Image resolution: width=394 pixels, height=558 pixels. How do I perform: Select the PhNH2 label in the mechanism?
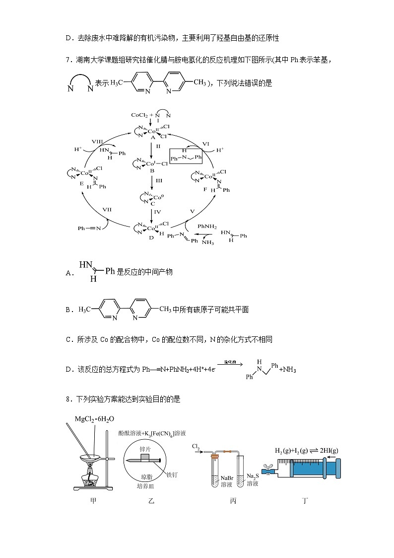pos(207,226)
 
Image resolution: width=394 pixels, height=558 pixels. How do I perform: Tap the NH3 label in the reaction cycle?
pos(207,242)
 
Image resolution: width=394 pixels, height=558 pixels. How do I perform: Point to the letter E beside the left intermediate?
pos(82,183)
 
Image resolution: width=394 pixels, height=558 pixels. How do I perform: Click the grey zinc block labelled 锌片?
pos(145,457)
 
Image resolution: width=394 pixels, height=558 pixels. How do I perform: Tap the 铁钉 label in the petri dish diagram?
pos(172,475)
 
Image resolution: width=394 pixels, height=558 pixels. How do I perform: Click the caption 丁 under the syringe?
pos(306,500)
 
